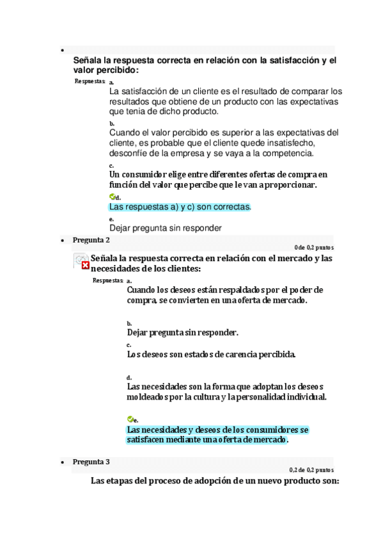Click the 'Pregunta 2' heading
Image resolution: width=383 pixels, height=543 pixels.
click(x=91, y=240)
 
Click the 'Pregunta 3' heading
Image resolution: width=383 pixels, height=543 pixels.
click(x=91, y=462)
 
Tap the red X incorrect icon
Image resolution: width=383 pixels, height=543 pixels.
click(x=85, y=265)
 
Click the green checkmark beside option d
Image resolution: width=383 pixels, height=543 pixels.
click(x=113, y=197)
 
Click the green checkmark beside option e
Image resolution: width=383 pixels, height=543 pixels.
click(x=130, y=419)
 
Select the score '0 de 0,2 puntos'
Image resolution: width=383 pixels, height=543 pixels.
click(x=313, y=247)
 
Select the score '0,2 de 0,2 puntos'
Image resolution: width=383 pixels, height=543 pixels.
click(x=311, y=469)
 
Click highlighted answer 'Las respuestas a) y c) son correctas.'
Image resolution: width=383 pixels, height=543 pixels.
click(x=180, y=207)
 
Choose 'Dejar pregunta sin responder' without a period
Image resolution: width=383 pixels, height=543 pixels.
click(x=166, y=227)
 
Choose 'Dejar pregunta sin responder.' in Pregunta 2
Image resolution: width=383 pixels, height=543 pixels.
click(x=183, y=332)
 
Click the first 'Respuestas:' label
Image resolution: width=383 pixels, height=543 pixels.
click(x=90, y=81)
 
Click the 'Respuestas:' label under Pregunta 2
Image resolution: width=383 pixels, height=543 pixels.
click(x=107, y=280)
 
